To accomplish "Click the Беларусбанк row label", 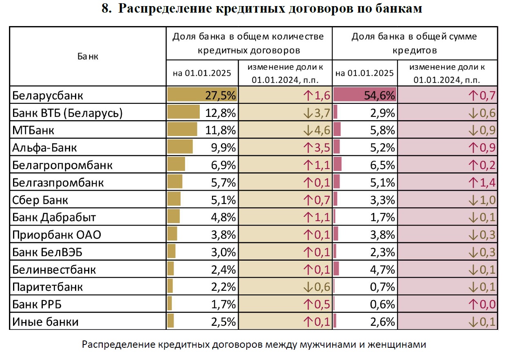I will point(47,96).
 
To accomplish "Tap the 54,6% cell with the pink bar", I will point(381,96).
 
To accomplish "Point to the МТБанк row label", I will point(33,130).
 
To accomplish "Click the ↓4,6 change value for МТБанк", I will point(316,130).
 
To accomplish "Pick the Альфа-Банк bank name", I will point(44,148).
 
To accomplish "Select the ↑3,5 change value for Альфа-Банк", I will point(316,148).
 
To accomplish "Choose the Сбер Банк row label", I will point(40,200).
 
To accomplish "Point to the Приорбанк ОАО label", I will point(57,235).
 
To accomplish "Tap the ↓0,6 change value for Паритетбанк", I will point(316,287).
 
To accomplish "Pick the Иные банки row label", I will point(45,322).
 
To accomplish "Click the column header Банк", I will point(88,57).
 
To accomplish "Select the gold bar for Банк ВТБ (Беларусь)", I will point(184,113).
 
